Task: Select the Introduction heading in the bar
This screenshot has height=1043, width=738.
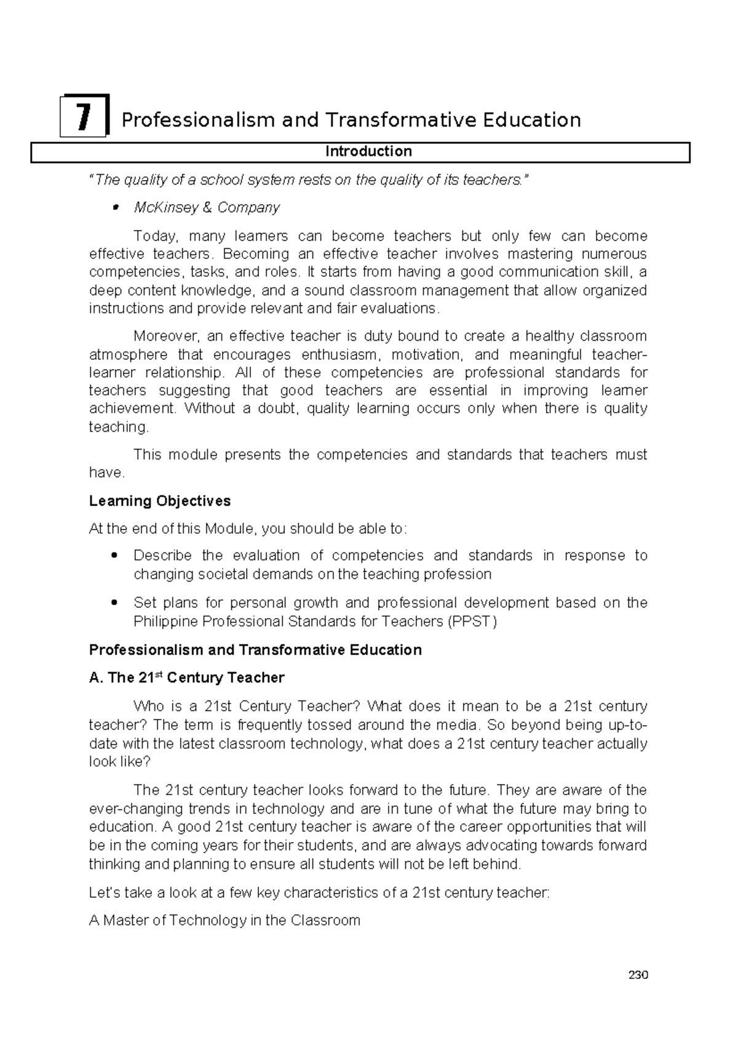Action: (368, 151)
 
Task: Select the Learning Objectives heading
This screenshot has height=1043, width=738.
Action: (160, 501)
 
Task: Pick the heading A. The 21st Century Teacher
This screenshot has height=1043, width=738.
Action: (186, 678)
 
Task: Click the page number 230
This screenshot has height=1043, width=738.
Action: (638, 975)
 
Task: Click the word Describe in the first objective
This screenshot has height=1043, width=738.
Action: (162, 556)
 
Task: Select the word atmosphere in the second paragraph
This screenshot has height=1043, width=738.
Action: (128, 355)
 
